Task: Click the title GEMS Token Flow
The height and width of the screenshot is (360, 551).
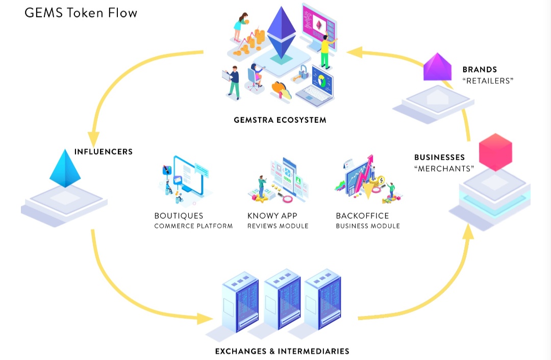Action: coord(81,12)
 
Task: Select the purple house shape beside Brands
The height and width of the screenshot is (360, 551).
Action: coord(438,68)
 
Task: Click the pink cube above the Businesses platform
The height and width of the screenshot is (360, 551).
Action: coord(495,151)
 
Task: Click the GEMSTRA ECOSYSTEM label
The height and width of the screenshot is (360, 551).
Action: coord(280,120)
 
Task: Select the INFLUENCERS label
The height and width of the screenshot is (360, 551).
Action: coord(104,151)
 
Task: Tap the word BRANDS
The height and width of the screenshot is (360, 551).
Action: coord(480,69)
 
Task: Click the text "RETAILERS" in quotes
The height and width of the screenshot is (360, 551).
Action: coord(488,81)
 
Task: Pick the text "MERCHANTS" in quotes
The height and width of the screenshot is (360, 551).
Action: coord(444,168)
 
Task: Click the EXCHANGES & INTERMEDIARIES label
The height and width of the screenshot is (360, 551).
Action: coord(282,351)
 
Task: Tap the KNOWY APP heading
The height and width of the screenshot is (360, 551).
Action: coord(272,216)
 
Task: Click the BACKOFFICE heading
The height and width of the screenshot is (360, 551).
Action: coord(362,216)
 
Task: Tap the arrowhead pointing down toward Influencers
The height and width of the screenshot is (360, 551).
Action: coord(93,138)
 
